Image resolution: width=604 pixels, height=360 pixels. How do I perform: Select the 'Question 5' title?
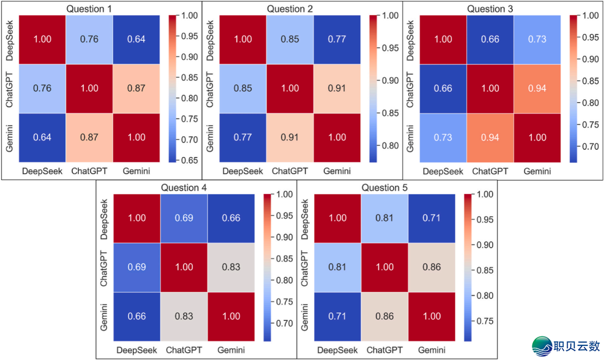coord(384,188)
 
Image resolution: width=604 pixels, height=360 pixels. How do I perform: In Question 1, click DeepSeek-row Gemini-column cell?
coord(136,39)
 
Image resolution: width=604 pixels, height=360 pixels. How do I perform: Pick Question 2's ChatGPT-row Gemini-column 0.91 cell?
coord(337,88)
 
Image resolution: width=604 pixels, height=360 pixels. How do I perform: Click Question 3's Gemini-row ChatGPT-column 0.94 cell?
coord(490,137)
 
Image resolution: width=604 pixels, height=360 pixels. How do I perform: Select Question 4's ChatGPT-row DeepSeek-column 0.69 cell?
coord(136,267)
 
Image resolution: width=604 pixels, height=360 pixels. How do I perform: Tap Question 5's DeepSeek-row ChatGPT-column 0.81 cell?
coord(384,219)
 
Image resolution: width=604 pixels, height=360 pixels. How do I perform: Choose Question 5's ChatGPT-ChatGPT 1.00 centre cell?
coord(384,267)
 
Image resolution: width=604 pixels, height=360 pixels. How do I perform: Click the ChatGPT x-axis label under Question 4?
coord(185,350)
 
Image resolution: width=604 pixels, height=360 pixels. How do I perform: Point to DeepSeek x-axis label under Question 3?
coord(442,171)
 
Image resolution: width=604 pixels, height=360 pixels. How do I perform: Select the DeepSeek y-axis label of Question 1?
coord(10,39)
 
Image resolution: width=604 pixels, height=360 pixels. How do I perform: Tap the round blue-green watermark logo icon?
coord(542,346)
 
